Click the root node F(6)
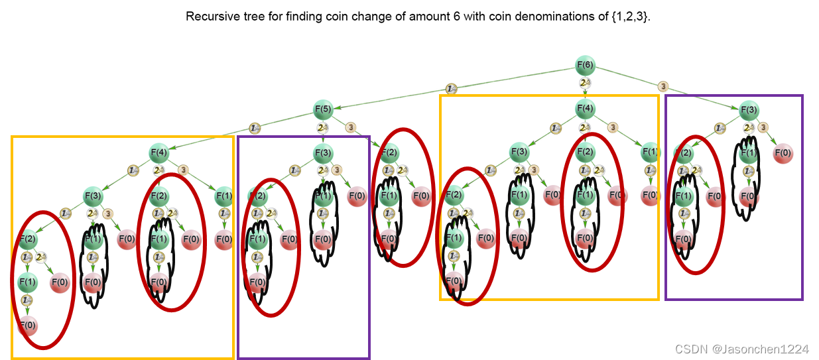click(584, 65)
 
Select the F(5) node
click(323, 109)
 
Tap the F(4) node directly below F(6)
click(584, 109)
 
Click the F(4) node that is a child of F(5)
click(159, 154)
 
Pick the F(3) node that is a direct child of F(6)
click(749, 109)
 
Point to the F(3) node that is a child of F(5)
click(323, 154)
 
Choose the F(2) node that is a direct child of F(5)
click(389, 154)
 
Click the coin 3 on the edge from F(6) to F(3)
click(663, 86)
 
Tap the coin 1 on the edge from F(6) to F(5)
click(452, 88)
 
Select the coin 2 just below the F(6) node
click(585, 84)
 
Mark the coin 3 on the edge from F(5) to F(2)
click(351, 127)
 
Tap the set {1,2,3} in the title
click(633, 17)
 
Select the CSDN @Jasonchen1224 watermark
click(742, 349)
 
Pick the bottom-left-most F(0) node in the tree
click(27, 325)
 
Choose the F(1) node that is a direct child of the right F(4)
click(650, 154)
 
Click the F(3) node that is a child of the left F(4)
click(93, 196)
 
